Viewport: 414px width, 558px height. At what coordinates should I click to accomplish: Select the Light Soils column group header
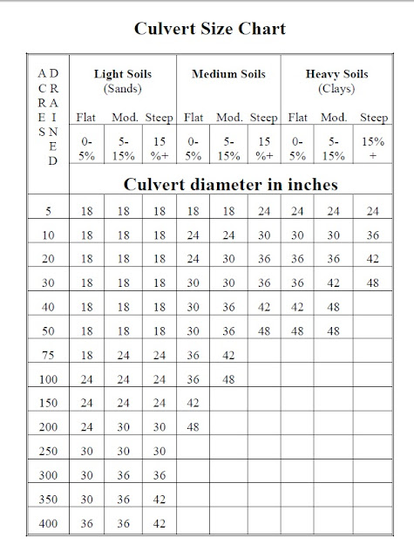[122, 76]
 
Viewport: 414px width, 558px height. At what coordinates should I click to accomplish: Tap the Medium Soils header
[227, 76]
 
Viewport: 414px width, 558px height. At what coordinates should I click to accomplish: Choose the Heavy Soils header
[336, 76]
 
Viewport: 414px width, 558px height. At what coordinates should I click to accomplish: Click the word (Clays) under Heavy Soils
[336, 89]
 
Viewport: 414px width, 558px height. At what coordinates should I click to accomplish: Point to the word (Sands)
[122, 89]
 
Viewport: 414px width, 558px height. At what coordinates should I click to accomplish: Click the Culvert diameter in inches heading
[231, 185]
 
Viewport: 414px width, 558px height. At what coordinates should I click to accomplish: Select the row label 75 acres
[48, 356]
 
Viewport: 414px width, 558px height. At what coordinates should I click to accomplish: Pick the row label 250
[48, 453]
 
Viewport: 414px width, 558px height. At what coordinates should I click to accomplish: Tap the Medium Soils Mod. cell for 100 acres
[228, 380]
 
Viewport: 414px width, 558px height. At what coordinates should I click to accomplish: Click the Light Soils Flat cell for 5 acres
[86, 210]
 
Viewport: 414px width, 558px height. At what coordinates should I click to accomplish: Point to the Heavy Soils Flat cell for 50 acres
[298, 331]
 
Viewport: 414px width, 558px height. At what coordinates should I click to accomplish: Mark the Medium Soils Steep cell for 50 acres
[264, 331]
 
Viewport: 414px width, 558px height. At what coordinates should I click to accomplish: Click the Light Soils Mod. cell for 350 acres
[122, 501]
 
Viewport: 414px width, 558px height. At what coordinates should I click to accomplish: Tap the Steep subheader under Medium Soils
[264, 117]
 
